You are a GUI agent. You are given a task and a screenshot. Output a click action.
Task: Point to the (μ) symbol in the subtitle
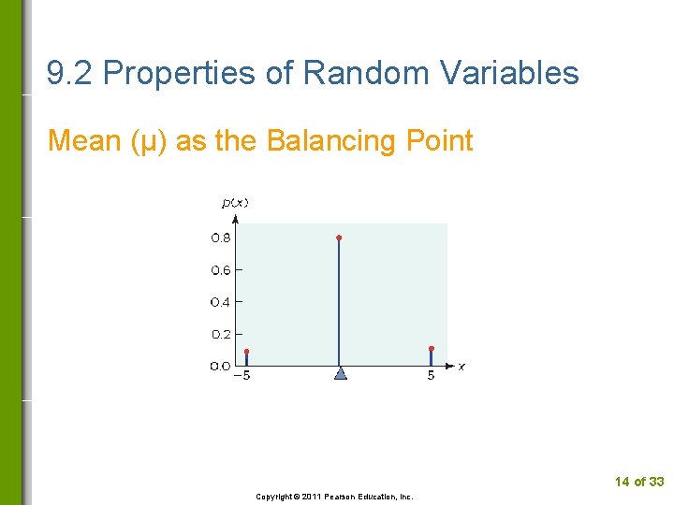(x=150, y=141)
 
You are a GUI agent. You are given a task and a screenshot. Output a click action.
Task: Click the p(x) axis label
(x=235, y=202)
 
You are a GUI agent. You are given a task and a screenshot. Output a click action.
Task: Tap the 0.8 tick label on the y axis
(x=220, y=238)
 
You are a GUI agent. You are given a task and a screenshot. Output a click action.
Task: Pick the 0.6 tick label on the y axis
(x=220, y=270)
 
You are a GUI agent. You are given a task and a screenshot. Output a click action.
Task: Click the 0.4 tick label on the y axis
(x=220, y=302)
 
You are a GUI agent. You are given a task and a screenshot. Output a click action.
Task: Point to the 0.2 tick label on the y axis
(x=220, y=334)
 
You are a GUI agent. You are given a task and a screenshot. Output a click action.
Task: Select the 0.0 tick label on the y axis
(x=220, y=366)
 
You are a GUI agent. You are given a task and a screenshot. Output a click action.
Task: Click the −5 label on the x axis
(x=242, y=377)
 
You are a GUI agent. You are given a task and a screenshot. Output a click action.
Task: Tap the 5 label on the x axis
(x=431, y=377)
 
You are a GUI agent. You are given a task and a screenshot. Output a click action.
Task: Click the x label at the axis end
(x=462, y=367)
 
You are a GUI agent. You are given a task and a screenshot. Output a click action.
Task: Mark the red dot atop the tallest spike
(x=339, y=238)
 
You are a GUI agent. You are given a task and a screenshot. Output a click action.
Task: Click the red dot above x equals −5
(x=246, y=352)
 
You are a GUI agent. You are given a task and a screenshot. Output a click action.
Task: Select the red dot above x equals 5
(x=431, y=349)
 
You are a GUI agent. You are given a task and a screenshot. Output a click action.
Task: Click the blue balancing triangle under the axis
(x=340, y=373)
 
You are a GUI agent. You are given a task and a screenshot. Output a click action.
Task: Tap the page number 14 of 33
(x=638, y=482)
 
